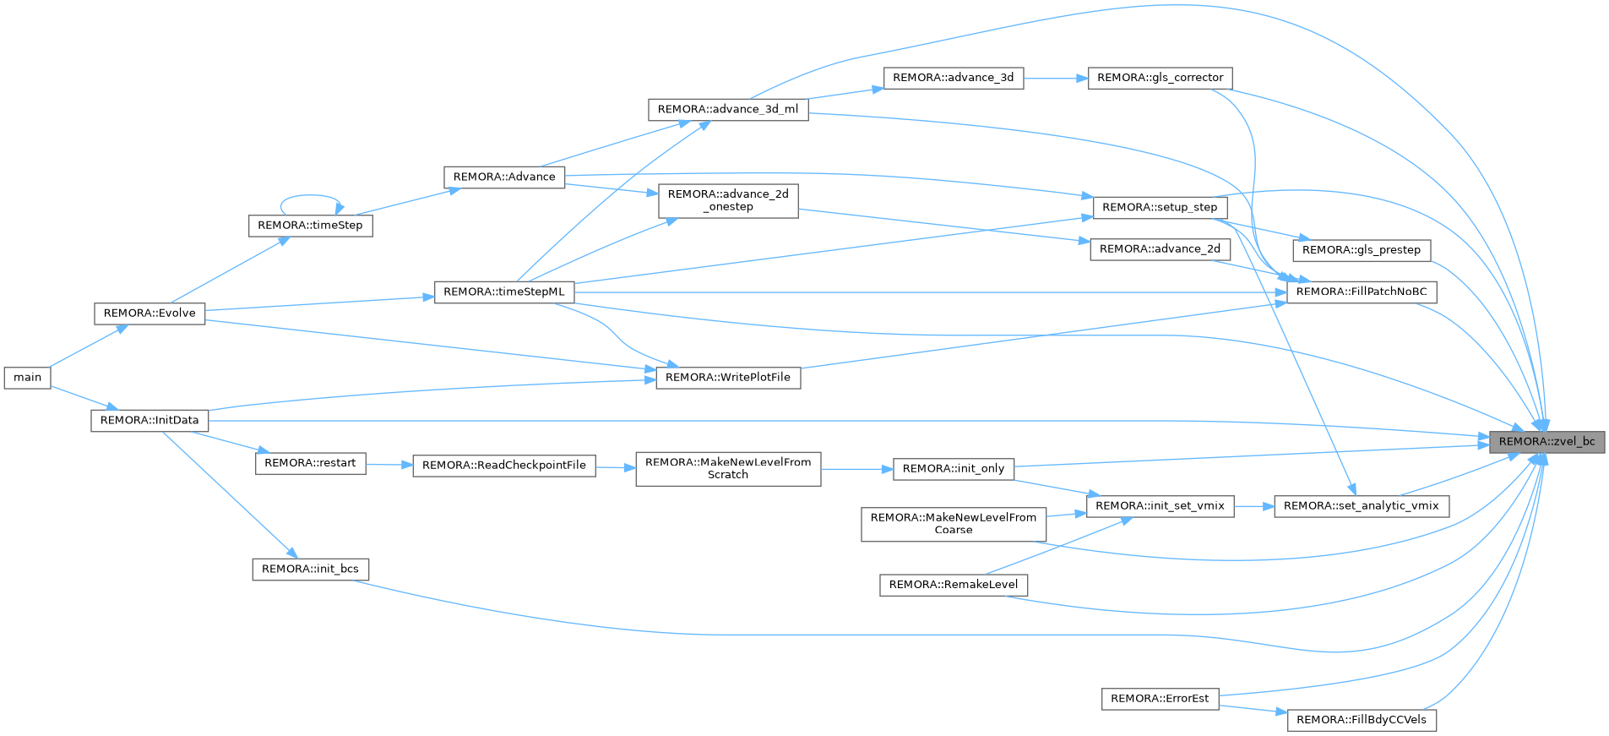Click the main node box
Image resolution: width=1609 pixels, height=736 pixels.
click(27, 377)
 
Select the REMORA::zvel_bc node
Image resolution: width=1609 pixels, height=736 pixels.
click(1546, 442)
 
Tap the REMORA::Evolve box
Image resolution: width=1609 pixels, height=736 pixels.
click(149, 313)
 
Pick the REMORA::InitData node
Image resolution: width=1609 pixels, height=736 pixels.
click(149, 420)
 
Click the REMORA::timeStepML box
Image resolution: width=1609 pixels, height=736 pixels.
click(504, 292)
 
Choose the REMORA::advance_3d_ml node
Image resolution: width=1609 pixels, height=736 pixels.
click(728, 110)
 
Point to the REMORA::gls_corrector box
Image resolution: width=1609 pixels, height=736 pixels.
click(1160, 78)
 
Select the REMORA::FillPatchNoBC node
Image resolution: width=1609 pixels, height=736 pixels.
click(1361, 292)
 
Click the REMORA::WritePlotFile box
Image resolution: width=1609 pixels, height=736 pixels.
click(728, 378)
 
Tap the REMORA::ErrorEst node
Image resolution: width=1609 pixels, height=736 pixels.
click(1160, 699)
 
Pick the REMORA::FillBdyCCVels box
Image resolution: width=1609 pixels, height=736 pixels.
click(1362, 720)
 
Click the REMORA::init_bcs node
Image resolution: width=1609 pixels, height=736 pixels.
click(310, 570)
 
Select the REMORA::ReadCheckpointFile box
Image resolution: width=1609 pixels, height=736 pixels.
click(504, 466)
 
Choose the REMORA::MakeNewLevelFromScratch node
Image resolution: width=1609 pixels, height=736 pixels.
click(728, 469)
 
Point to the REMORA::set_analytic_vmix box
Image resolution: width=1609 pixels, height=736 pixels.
click(1362, 506)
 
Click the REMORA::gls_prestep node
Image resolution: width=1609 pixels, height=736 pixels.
click(1362, 250)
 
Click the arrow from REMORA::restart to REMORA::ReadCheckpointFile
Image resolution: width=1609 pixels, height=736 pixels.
click(389, 465)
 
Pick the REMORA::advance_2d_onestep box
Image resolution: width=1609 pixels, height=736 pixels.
click(728, 201)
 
